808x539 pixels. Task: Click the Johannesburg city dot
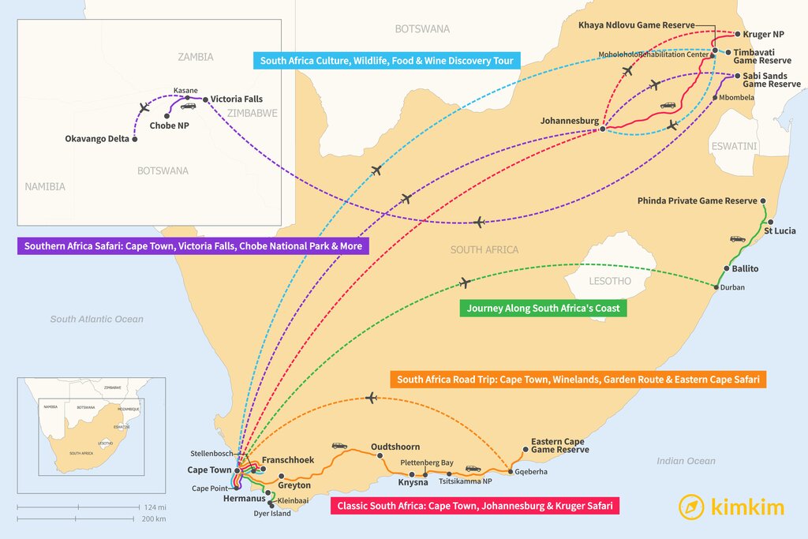[x=602, y=129]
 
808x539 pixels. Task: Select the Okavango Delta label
[x=97, y=140]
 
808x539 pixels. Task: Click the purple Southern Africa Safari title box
[x=193, y=246]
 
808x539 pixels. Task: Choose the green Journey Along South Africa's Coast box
[x=543, y=308]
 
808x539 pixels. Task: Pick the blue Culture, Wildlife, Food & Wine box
[x=387, y=61]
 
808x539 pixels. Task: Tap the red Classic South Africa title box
[x=474, y=506]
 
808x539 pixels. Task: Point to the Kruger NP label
[x=763, y=35]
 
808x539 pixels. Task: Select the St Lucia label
[x=780, y=231]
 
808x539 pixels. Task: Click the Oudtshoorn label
[x=395, y=447]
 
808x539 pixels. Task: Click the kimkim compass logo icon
[x=691, y=507]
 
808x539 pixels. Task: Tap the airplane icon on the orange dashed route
[x=372, y=398]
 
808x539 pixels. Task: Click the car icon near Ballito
[x=737, y=238]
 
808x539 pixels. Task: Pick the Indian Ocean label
[x=686, y=461]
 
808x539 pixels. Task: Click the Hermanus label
[x=240, y=499]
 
